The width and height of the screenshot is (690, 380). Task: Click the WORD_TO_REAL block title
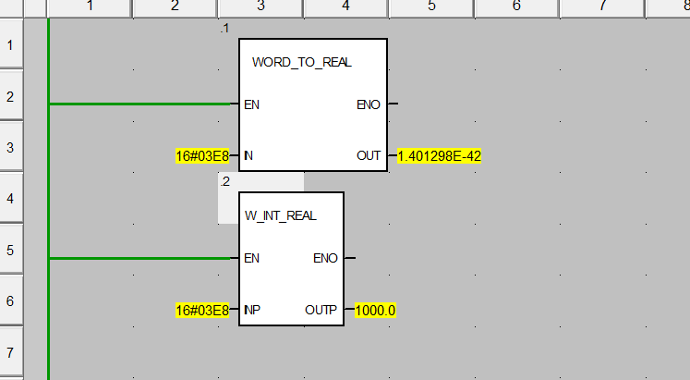[301, 62]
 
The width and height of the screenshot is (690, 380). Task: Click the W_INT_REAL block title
[280, 215]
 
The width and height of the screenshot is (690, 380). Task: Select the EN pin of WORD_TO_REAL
[251, 104]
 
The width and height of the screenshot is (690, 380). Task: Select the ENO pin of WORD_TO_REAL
[368, 104]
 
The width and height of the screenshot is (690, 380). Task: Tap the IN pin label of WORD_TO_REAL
[248, 156]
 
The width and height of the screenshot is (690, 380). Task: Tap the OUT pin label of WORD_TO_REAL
[369, 156]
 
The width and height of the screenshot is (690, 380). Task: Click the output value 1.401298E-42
[439, 156]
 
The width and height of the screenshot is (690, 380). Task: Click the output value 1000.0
[375, 311]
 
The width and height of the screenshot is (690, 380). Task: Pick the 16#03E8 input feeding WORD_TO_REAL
[201, 156]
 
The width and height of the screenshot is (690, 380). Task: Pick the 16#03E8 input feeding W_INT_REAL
[201, 311]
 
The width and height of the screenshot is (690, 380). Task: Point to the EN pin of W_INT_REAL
[251, 259]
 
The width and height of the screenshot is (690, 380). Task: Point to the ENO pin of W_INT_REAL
[325, 259]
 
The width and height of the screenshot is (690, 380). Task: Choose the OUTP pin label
[321, 311]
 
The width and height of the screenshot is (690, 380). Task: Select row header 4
[10, 198]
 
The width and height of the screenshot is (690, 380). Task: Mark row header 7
[10, 352]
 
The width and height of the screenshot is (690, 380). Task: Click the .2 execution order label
[225, 182]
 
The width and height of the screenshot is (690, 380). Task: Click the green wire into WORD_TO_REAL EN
[139, 104]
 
